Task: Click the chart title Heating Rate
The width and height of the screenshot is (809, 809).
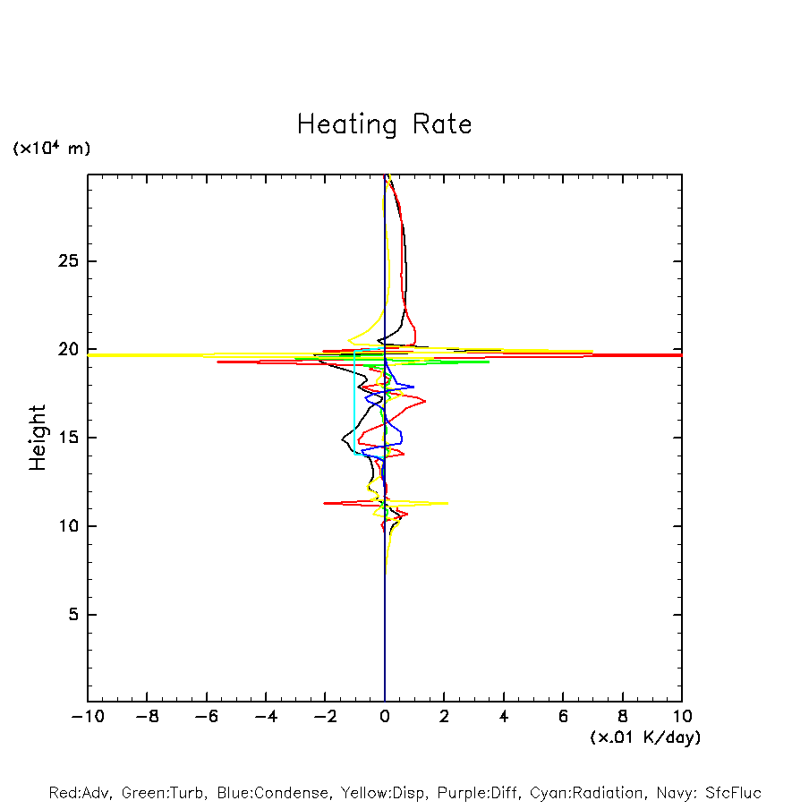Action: coord(384,124)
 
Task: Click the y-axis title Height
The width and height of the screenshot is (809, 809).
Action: coord(38,438)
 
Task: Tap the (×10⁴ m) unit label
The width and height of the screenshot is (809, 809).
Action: coord(51,149)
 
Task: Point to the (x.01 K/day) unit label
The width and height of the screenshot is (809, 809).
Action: coord(644,737)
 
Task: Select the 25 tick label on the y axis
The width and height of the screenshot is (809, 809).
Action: coord(64,261)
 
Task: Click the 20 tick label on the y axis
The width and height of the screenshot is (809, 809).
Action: coord(64,349)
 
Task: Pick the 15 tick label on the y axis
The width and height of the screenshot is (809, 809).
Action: coord(64,438)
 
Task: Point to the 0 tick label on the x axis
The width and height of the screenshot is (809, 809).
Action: coord(385,717)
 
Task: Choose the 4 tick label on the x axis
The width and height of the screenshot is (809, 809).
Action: coord(504,717)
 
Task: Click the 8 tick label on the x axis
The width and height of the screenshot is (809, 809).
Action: coord(623,717)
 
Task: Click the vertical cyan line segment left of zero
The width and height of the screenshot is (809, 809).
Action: coord(354,403)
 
